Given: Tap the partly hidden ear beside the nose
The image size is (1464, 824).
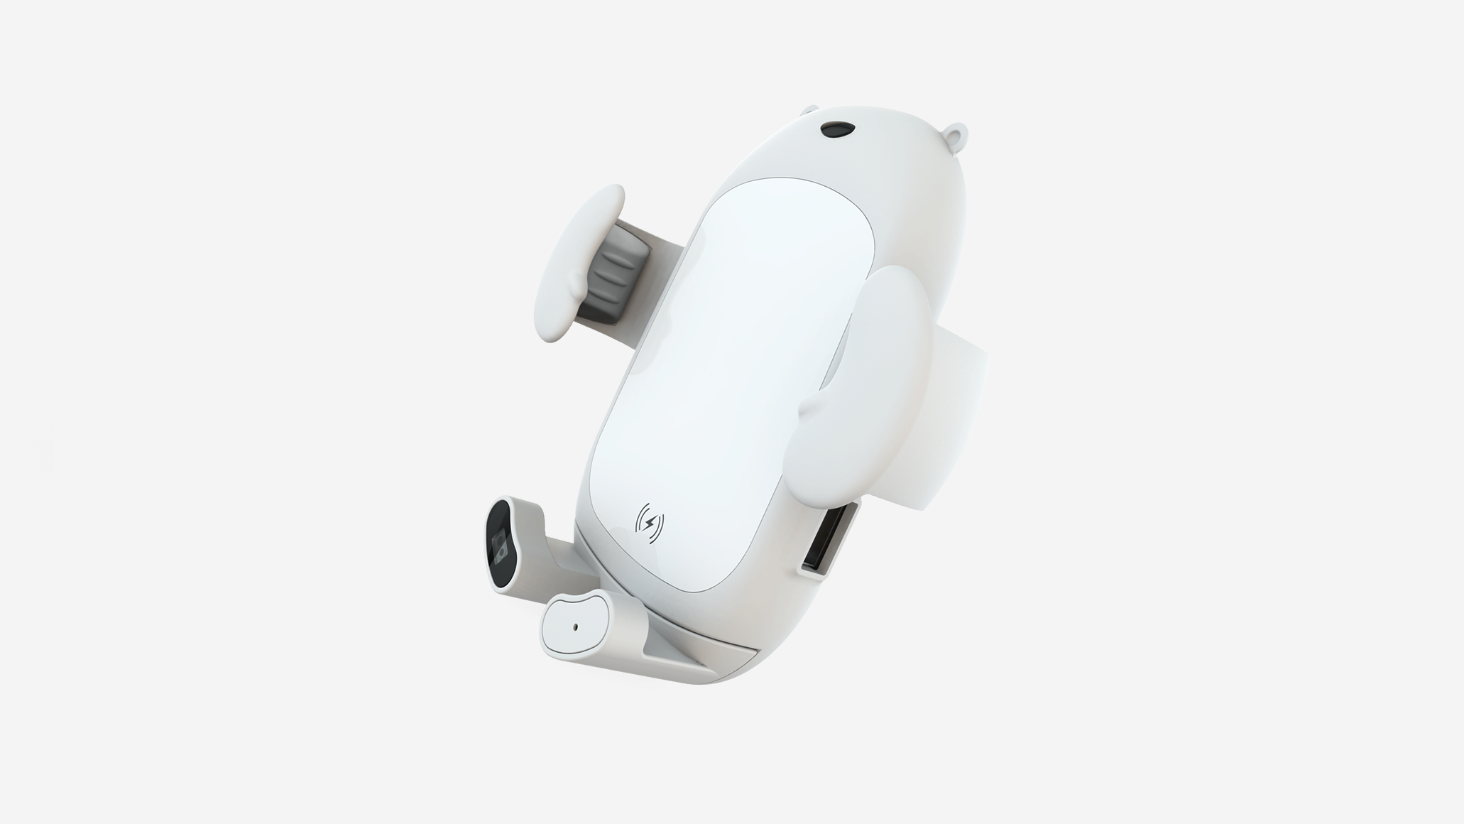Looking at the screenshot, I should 809,112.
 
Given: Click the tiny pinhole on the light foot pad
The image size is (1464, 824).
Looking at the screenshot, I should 575,627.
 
